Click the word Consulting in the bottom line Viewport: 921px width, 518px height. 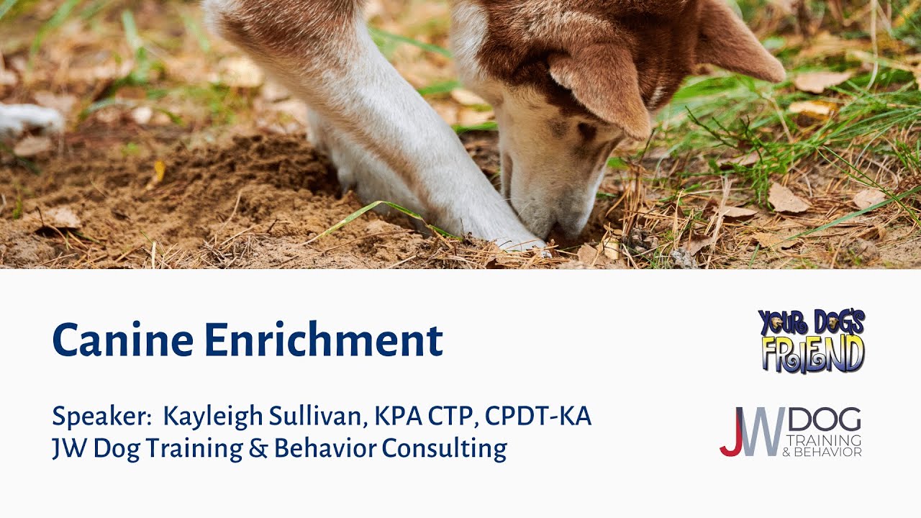tap(444, 448)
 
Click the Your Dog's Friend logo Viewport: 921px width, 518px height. tap(812, 341)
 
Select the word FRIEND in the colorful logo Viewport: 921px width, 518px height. tap(812, 354)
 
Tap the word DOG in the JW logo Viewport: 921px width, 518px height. tap(825, 419)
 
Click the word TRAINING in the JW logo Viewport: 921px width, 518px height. tap(825, 440)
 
